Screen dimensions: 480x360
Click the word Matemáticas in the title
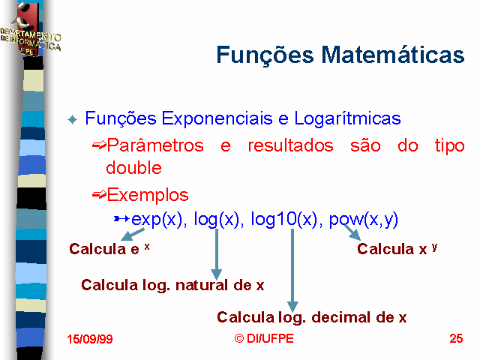point(393,55)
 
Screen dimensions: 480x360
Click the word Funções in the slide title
point(265,55)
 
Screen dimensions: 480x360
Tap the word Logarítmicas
point(347,118)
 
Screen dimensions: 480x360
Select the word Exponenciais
point(217,118)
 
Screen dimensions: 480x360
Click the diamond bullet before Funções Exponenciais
point(72,119)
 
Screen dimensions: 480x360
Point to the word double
point(133,167)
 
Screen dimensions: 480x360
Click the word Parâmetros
point(155,145)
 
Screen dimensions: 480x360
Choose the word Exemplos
point(148,195)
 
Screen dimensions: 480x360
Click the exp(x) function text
point(157,219)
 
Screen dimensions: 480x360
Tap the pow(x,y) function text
point(363,219)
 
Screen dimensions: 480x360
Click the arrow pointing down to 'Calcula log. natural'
point(217,254)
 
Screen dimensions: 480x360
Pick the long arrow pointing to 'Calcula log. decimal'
point(292,270)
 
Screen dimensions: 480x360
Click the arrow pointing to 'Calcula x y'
point(352,232)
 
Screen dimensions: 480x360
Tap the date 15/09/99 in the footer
point(90,339)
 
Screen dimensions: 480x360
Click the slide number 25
point(456,338)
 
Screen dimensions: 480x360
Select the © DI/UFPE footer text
point(264,338)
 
